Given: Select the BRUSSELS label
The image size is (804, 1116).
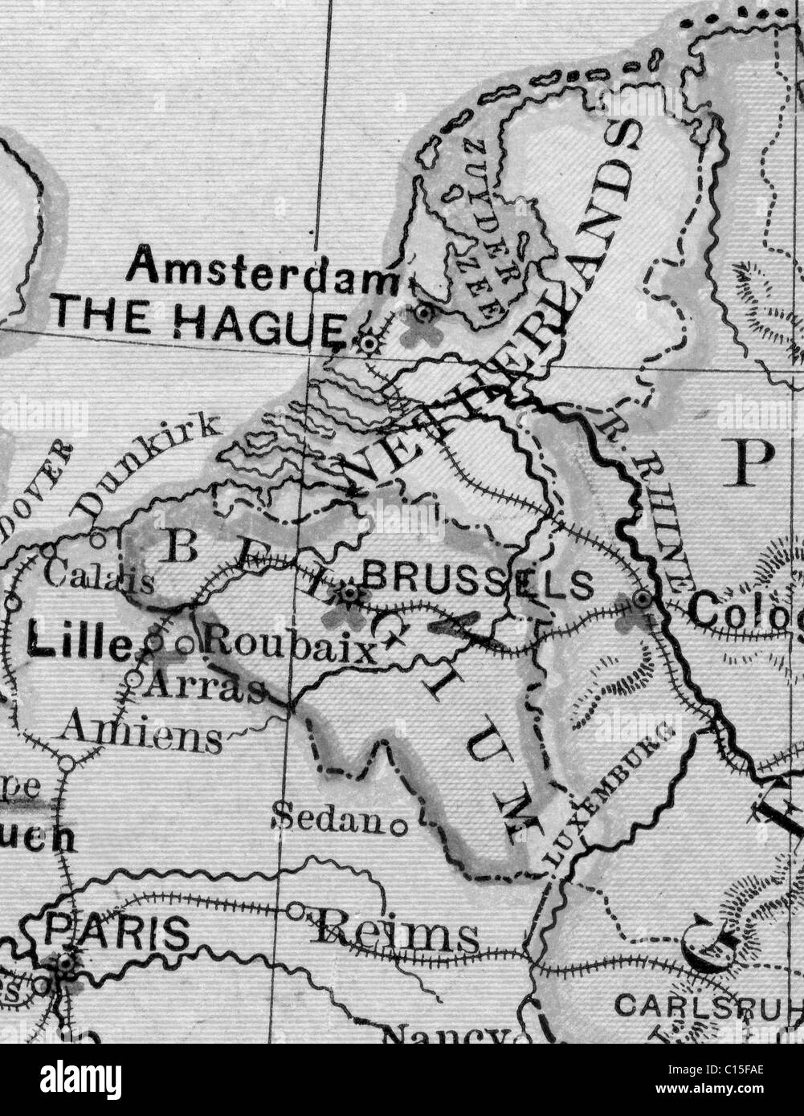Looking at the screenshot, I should click(479, 580).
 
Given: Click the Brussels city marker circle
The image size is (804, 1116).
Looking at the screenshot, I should click(350, 594).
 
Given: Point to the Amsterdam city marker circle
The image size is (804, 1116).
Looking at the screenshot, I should click(424, 312).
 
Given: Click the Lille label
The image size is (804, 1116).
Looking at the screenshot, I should click(78, 642).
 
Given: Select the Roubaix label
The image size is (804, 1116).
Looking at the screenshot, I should click(289, 645).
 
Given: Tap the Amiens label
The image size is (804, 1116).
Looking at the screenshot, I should click(142, 732).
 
